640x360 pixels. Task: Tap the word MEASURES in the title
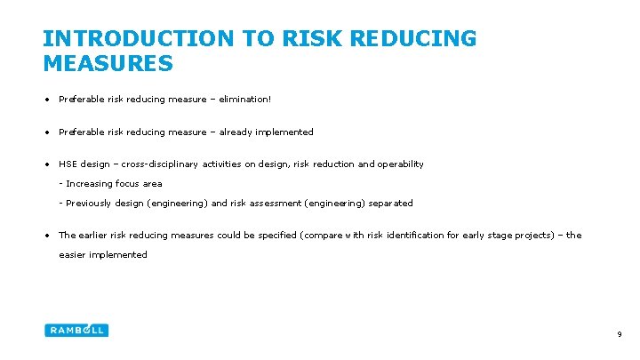108,64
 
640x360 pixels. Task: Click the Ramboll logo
76,330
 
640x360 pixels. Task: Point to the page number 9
619,334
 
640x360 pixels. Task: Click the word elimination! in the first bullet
244,100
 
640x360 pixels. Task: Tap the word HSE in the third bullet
68,164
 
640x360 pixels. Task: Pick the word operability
402,164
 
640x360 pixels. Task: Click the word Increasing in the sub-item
89,184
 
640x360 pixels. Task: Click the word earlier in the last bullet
96,236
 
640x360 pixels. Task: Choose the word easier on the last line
74,255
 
